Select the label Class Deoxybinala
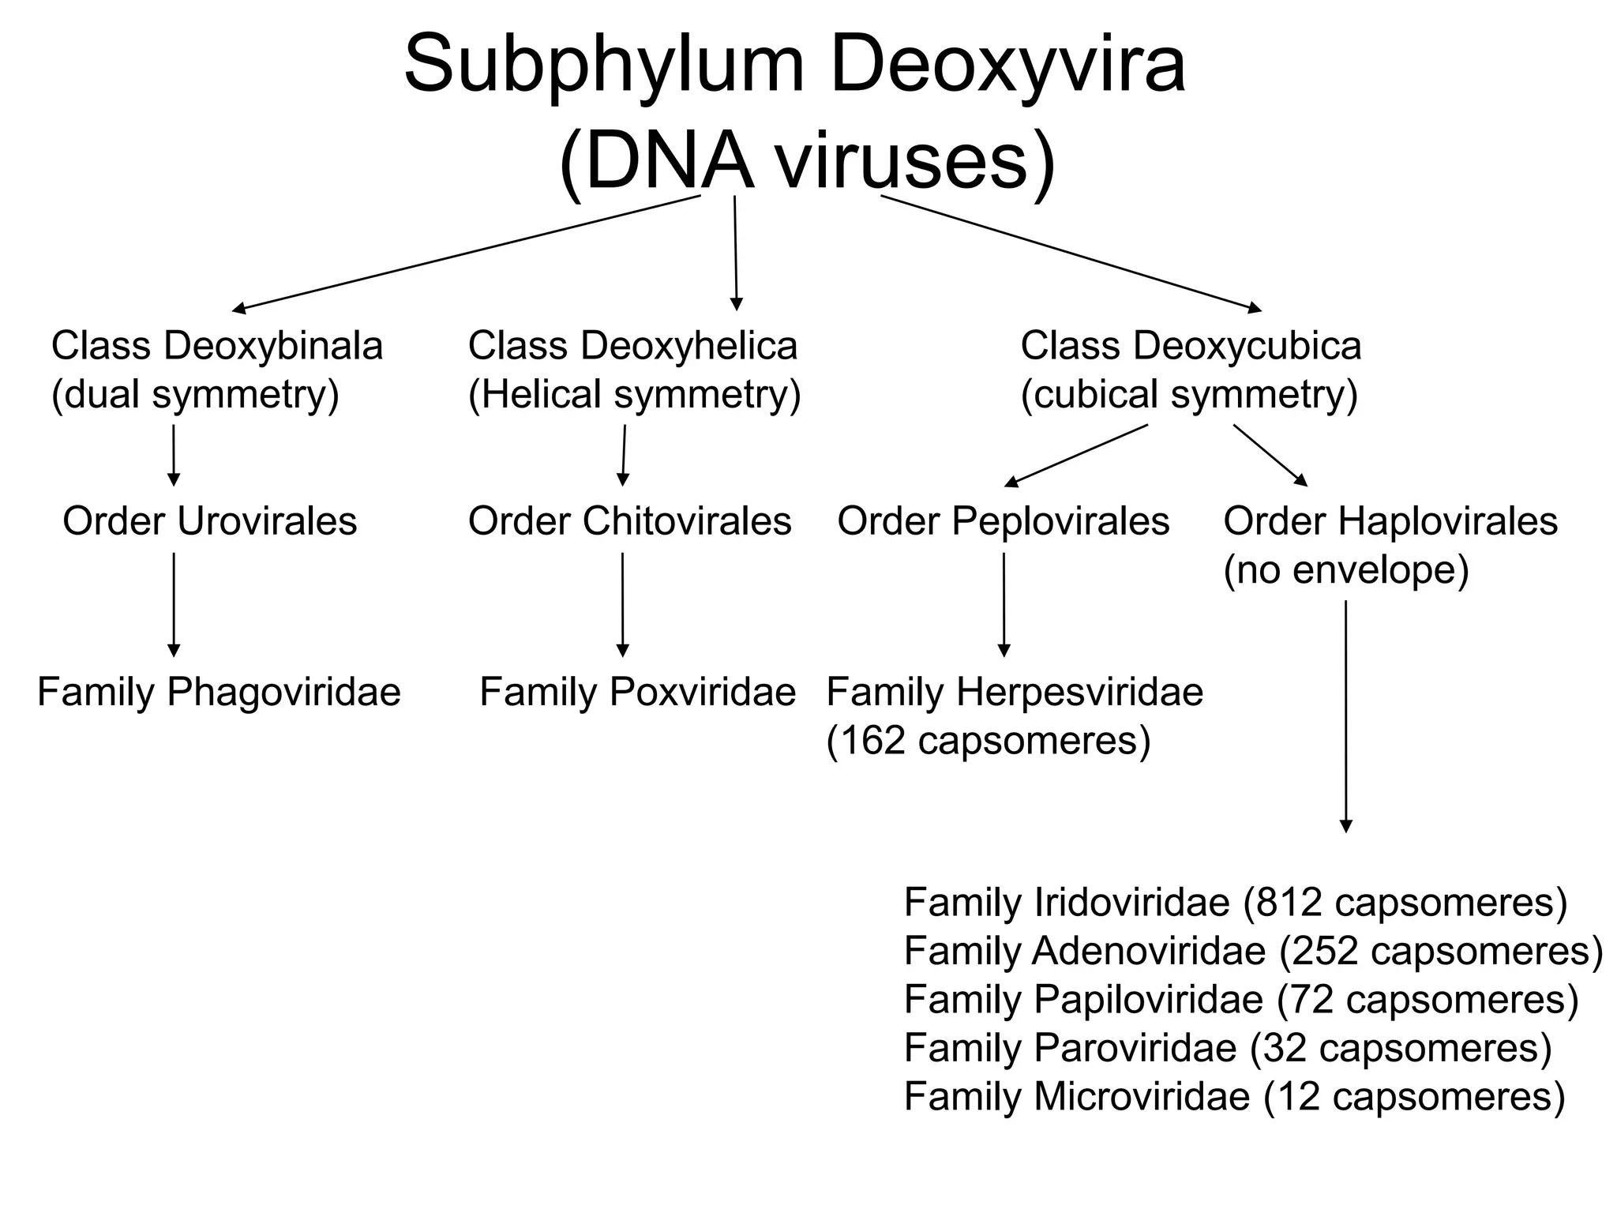point(216,346)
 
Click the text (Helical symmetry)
point(634,394)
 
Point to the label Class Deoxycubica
point(1191,346)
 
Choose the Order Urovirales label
point(209,521)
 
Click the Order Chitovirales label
point(629,521)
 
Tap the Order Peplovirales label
point(1003,521)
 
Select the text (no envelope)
point(1345,569)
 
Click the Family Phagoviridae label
point(219,693)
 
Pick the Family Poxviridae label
point(637,693)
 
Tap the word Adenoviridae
point(1149,951)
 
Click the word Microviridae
point(1142,1096)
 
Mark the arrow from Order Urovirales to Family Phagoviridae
point(174,604)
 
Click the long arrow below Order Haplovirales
point(1345,715)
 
